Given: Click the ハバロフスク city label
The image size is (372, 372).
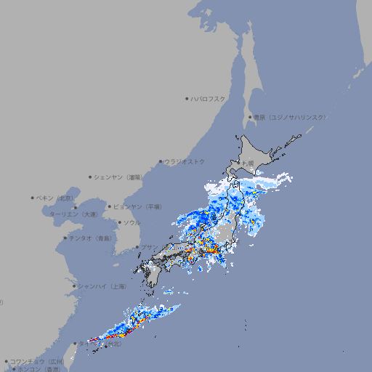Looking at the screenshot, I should click(209, 98).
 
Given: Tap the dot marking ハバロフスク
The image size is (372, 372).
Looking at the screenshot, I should click(187, 98).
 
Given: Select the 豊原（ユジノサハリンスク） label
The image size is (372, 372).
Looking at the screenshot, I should click(289, 117).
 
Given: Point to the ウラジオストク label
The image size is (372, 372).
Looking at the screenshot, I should click(185, 161).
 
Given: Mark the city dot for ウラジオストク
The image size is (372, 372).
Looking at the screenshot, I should click(161, 161).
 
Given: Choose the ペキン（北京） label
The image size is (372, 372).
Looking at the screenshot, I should click(56, 198).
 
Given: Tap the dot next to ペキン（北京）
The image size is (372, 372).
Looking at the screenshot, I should click(33, 198).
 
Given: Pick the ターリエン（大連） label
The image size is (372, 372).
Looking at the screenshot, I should click(73, 214).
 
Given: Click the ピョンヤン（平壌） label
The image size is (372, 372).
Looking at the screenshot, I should click(137, 207).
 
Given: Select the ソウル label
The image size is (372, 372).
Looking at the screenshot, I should click(132, 222).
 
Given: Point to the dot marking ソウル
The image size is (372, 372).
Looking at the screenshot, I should click(119, 222).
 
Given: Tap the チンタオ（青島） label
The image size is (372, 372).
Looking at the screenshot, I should click(90, 238).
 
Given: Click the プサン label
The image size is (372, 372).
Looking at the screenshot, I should click(148, 248).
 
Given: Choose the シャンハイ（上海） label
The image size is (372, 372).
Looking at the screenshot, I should click(102, 286).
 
